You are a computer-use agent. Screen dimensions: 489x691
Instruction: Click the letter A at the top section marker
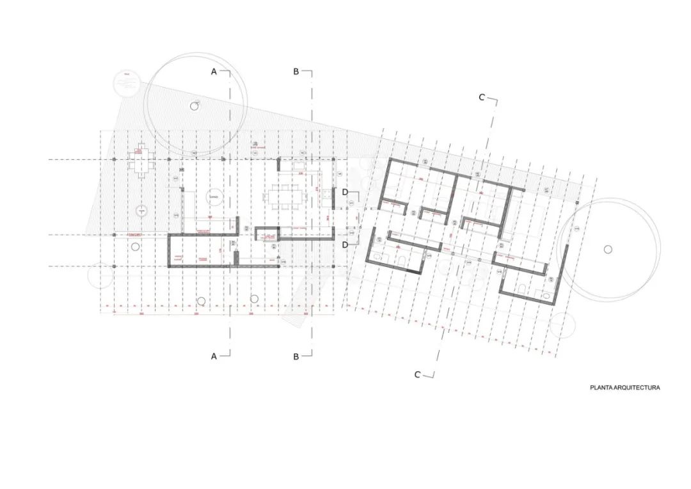pos(214,72)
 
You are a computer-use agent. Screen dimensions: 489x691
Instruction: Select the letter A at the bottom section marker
pos(214,357)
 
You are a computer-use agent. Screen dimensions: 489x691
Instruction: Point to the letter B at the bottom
pos(296,357)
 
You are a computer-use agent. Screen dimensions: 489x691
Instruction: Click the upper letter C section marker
pos(482,97)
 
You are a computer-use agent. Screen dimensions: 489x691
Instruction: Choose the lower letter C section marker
pos(417,375)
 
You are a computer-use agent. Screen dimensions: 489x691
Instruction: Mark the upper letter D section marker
pos(345,192)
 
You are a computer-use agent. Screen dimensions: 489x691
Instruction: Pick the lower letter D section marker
pos(345,245)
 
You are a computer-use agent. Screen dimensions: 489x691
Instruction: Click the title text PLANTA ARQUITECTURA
pos(624,388)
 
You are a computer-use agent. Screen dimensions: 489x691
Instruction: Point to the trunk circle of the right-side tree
pos(607,249)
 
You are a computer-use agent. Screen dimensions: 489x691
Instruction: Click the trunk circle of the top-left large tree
pos(193,106)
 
